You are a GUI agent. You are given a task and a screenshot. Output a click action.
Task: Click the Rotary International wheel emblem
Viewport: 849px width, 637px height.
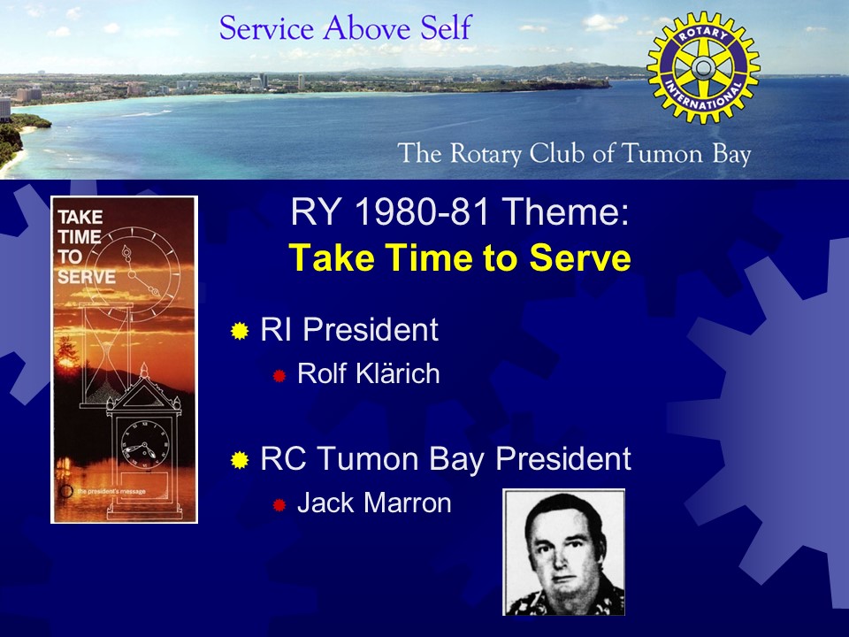(x=703, y=68)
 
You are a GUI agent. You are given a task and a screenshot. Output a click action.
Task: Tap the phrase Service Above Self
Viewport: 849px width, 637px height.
(x=346, y=28)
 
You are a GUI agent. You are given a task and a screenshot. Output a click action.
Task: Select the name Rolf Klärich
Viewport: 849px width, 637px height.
(x=368, y=373)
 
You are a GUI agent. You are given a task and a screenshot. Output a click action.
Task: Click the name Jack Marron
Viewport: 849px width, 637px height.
(x=374, y=503)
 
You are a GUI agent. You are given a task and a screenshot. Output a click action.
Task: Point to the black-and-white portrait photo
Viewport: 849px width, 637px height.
(x=564, y=552)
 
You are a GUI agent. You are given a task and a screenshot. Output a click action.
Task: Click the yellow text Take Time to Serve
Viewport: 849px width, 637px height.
(x=460, y=257)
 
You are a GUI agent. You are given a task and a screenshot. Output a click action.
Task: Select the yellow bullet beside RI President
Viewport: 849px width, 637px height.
(x=240, y=331)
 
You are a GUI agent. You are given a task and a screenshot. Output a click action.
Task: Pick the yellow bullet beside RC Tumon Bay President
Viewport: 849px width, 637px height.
(x=240, y=460)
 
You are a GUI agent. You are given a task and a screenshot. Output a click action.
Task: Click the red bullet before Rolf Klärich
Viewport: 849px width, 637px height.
(x=279, y=376)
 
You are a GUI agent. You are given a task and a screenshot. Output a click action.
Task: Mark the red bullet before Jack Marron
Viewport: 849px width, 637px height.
(x=279, y=505)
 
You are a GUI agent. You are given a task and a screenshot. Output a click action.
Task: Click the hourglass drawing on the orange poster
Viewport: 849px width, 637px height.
(x=106, y=356)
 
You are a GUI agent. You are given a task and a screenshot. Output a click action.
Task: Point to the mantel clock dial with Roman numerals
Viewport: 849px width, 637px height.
(x=144, y=444)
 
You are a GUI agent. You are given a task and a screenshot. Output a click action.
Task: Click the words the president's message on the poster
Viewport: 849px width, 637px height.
(x=111, y=491)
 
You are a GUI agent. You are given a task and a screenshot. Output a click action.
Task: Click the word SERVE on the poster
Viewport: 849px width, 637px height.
(x=87, y=277)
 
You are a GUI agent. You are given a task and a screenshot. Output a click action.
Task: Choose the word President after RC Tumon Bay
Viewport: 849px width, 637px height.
(x=563, y=459)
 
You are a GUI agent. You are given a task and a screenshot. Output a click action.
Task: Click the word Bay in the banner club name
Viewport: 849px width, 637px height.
(x=731, y=154)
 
